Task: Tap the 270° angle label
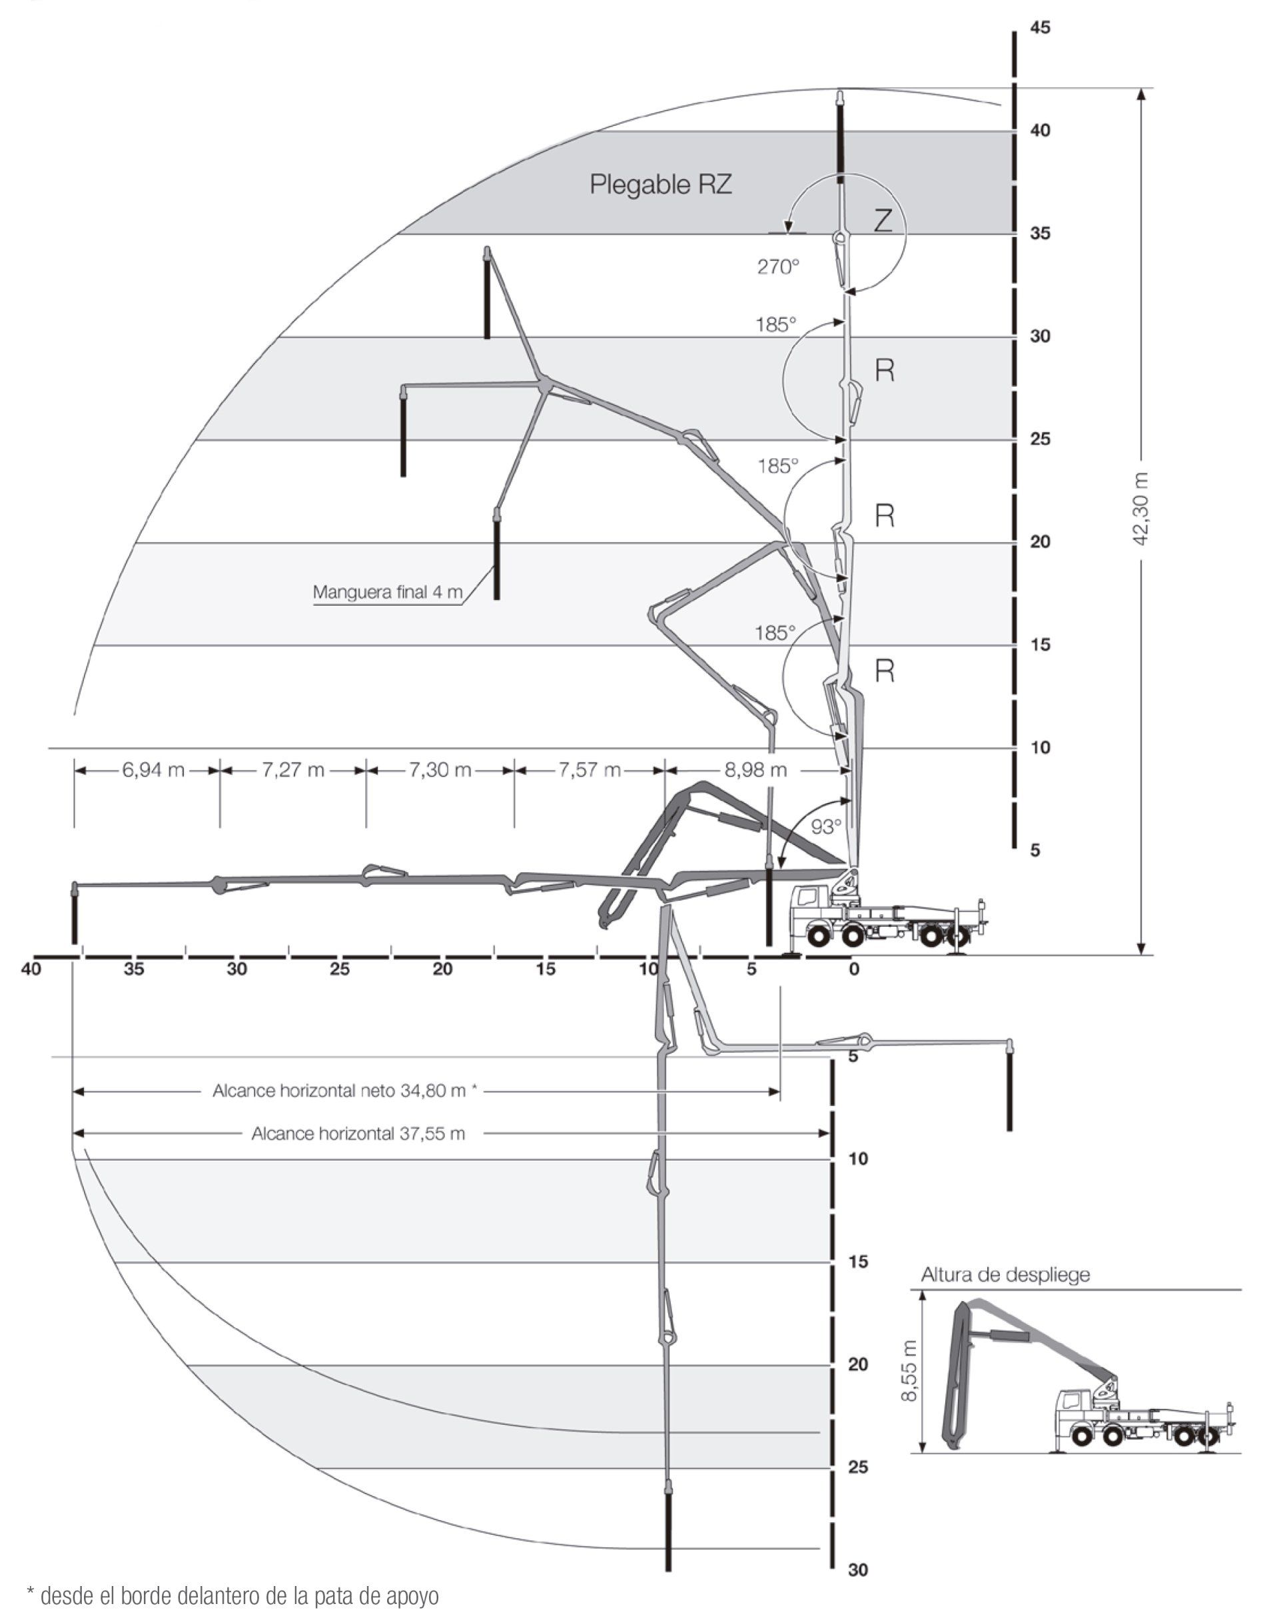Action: tap(778, 266)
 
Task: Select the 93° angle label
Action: tap(826, 826)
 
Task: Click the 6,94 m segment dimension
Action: tap(153, 770)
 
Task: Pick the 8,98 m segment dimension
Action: tap(755, 770)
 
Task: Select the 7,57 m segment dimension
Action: tap(590, 770)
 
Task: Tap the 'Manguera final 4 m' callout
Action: tap(387, 592)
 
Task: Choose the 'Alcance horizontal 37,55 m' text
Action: tap(358, 1133)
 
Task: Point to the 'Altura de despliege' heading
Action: tap(1005, 1274)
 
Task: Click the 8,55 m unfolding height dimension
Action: tap(909, 1371)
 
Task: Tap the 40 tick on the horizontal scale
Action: tap(31, 969)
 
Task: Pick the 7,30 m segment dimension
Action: tap(440, 770)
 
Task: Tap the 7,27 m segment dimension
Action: tap(293, 770)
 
